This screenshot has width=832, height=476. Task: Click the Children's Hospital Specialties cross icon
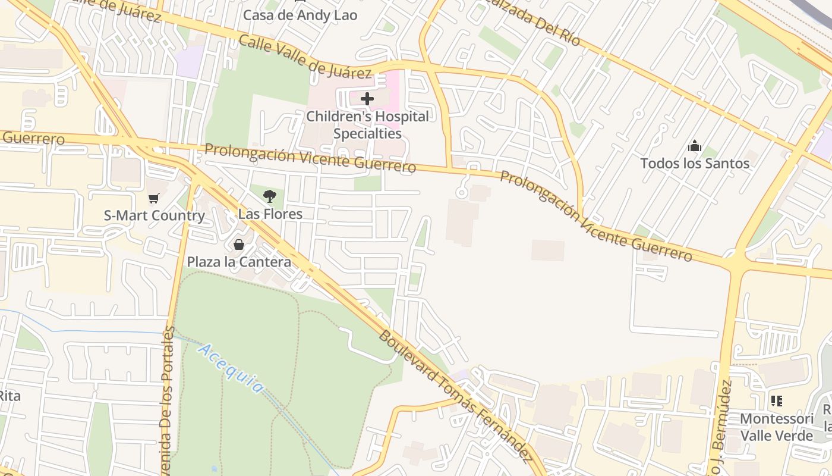click(x=367, y=98)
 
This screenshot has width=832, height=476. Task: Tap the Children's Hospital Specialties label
click(x=367, y=125)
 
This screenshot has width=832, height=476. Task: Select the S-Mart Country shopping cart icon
click(x=154, y=198)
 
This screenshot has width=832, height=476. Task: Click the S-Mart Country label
click(x=154, y=215)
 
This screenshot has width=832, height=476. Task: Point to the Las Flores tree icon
click(x=270, y=196)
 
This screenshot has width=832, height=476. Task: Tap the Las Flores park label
click(x=270, y=214)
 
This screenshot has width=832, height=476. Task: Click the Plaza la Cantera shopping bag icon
click(x=239, y=245)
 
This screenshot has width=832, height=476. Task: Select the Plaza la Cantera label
click(x=239, y=262)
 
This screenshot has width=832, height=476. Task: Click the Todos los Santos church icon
click(x=694, y=146)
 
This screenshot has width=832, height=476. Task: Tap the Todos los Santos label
click(x=694, y=164)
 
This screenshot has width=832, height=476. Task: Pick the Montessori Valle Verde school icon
click(x=776, y=401)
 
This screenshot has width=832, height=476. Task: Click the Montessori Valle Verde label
click(x=776, y=427)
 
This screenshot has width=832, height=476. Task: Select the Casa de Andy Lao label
click(x=300, y=15)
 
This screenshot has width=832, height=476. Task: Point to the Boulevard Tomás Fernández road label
click(x=455, y=396)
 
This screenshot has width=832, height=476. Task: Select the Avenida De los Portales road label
click(x=168, y=399)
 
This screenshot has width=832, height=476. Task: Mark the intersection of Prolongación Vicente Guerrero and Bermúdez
click(x=736, y=262)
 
